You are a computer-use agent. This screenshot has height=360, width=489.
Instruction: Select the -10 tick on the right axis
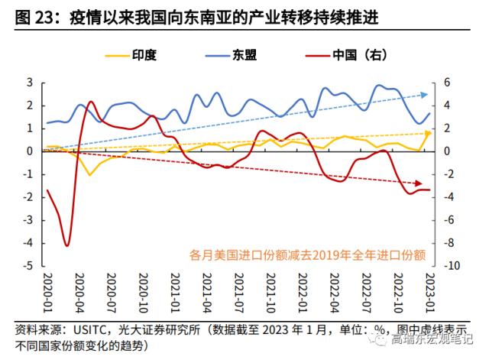(x=452, y=267)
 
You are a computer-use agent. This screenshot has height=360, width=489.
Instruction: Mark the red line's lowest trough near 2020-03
(x=67, y=245)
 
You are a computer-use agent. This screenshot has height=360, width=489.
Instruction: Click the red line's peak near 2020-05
(x=91, y=102)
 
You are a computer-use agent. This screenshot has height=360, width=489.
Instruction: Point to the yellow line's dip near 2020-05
(x=90, y=175)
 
